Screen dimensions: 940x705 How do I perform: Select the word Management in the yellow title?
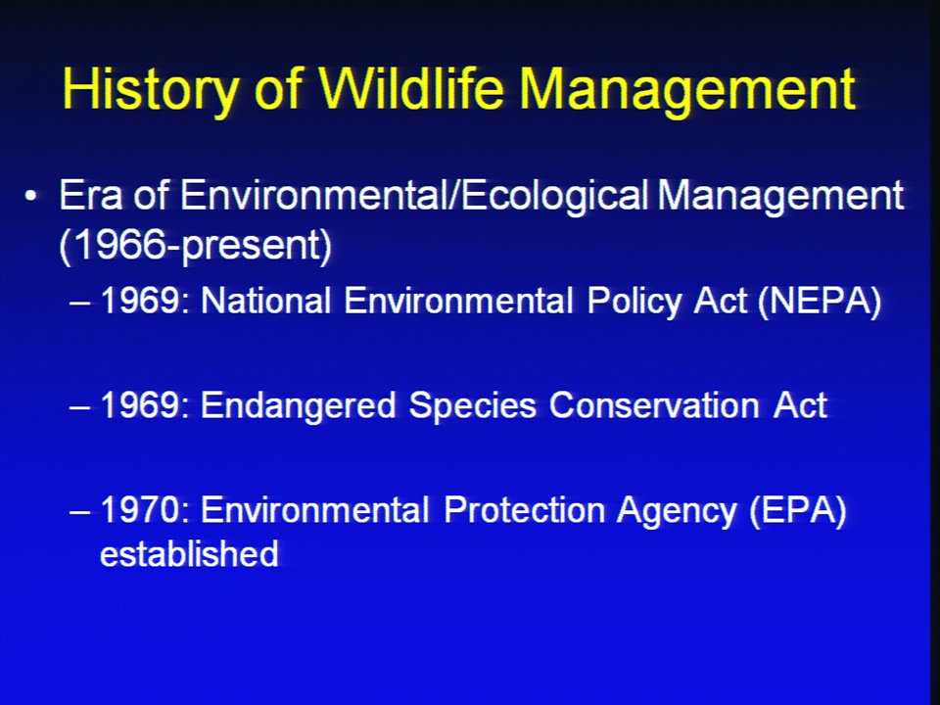click(687, 90)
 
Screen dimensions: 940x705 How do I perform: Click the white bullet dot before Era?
click(30, 196)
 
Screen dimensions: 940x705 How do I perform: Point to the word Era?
click(90, 195)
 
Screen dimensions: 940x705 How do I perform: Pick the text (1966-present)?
click(196, 245)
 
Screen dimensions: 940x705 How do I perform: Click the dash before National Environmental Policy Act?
click(79, 303)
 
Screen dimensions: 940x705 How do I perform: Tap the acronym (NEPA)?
click(821, 301)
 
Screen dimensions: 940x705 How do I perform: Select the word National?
click(265, 300)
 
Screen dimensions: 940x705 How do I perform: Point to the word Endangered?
click(298, 405)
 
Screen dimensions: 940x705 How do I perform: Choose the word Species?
click(472, 405)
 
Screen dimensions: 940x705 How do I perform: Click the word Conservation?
click(654, 405)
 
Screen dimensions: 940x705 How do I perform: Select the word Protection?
click(524, 510)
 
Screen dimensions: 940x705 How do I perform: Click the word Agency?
click(677, 511)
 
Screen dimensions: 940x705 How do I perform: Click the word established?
click(189, 553)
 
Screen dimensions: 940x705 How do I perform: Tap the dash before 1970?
click(79, 513)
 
